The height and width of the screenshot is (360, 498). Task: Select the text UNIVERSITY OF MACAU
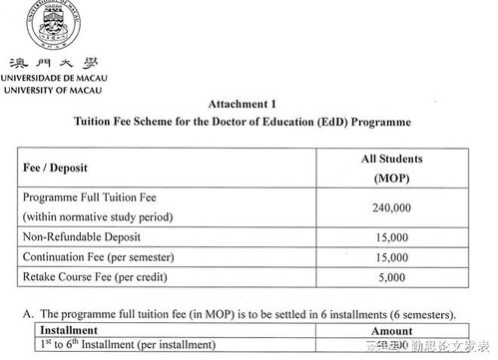point(52,90)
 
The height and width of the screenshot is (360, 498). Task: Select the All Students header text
point(392,160)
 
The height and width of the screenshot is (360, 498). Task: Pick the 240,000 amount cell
point(392,207)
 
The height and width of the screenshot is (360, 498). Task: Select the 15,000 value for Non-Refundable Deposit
point(392,237)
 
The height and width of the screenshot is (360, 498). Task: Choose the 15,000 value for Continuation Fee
point(392,257)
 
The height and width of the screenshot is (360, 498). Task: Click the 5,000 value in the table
point(392,278)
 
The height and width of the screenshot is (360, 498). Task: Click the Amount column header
point(392,329)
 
